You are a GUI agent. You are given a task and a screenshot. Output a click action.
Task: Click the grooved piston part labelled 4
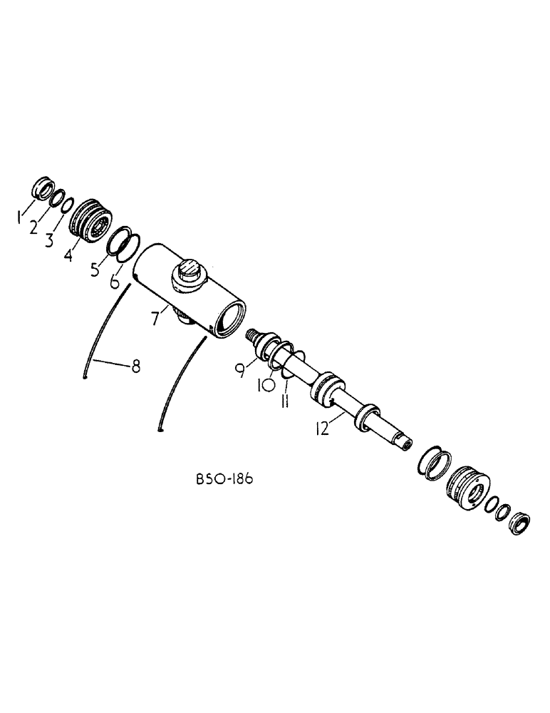click(x=91, y=218)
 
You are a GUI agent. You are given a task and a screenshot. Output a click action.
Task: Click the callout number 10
click(x=264, y=386)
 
